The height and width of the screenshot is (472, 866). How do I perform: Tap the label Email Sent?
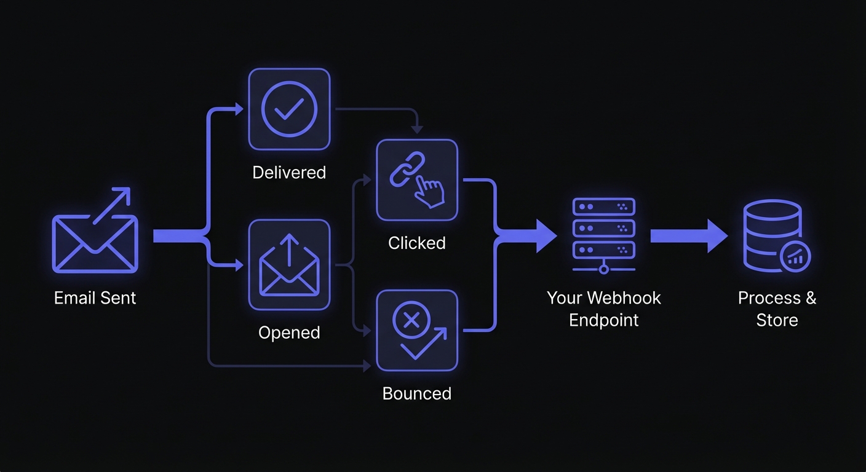point(95,298)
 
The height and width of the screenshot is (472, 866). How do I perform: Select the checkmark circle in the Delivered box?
point(288,109)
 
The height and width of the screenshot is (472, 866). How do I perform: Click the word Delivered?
point(288,172)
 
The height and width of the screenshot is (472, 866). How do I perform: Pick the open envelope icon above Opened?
point(289,265)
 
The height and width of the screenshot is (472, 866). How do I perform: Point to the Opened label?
point(289,332)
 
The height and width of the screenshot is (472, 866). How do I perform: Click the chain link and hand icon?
point(416,180)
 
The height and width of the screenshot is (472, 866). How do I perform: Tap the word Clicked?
point(416,243)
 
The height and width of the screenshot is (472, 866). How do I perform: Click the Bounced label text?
point(416,393)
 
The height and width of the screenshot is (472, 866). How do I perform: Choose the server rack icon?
point(603,234)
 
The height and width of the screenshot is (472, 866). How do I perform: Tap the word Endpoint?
point(603,320)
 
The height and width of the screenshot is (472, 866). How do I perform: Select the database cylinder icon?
point(773,234)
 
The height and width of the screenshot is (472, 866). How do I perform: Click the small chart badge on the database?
point(796,256)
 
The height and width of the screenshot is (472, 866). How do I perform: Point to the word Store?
point(777,320)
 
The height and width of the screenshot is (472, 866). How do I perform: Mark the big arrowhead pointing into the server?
point(545,236)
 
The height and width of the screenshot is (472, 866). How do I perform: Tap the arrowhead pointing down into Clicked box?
point(417,130)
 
